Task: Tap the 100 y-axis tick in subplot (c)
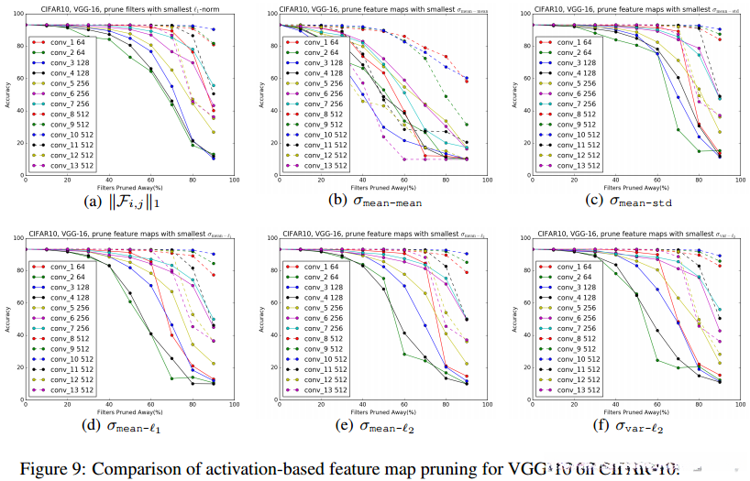pyautogui.click(x=523, y=25)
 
